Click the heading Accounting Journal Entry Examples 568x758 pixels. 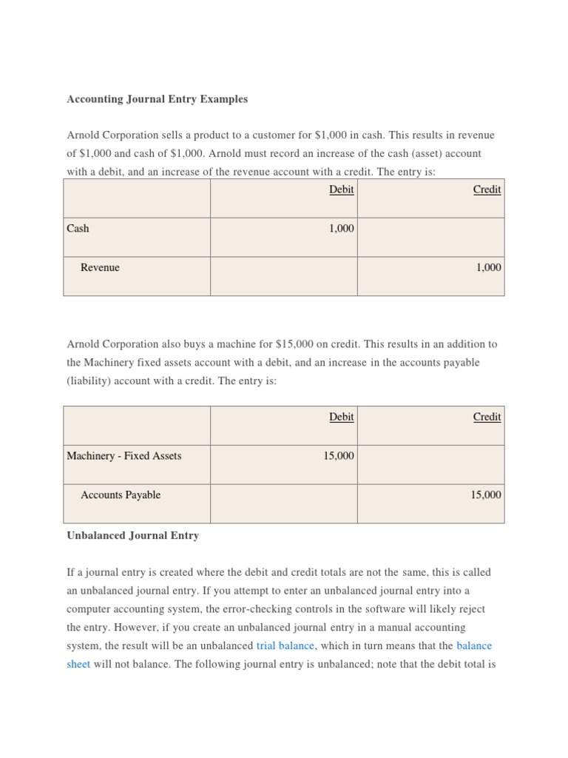tap(158, 98)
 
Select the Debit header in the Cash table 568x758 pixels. tap(341, 189)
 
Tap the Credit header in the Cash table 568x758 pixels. tap(487, 189)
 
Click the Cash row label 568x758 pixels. tap(78, 229)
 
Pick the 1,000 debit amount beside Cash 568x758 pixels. tap(341, 229)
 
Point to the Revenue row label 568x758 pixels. tap(100, 267)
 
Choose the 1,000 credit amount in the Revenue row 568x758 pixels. tap(488, 267)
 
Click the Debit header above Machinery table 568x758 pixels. tap(341, 417)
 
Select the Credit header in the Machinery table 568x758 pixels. tap(487, 417)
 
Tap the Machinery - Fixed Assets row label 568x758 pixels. tap(124, 456)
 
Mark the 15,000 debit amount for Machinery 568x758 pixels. tap(338, 456)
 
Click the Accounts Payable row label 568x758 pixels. tap(121, 494)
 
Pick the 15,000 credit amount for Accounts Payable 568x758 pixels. tap(485, 494)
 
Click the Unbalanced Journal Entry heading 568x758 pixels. tap(132, 535)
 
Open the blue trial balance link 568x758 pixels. tap(285, 645)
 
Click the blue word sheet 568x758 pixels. tap(78, 664)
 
